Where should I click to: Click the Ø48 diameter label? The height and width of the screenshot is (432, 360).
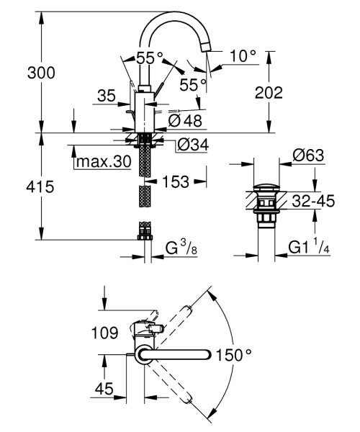pyautogui.click(x=185, y=122)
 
